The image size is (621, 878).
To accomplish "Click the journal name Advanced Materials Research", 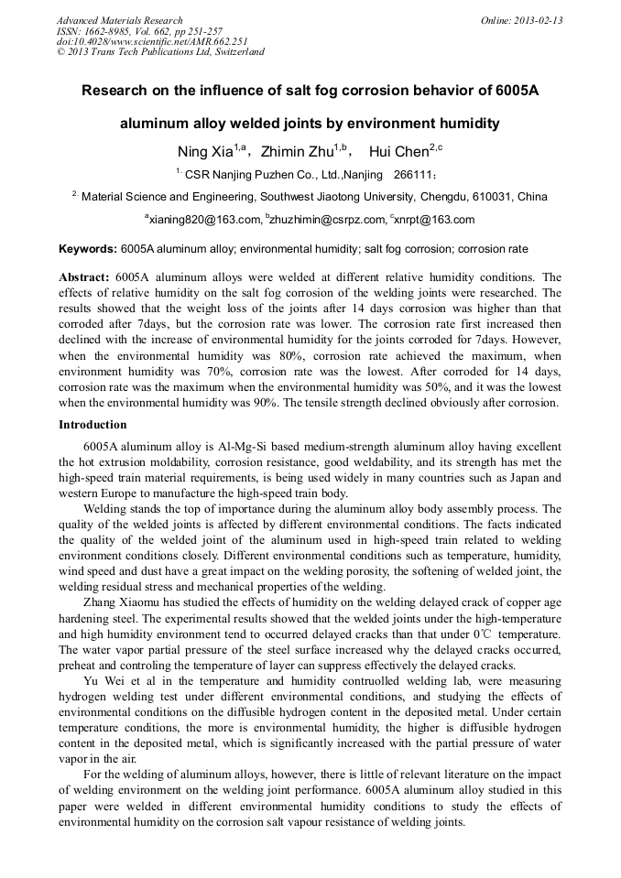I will (x=119, y=20).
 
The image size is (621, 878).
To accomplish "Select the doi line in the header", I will (x=151, y=41).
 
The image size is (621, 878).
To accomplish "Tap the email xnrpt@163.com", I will (x=435, y=220).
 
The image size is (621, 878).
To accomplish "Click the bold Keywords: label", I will (x=88, y=249).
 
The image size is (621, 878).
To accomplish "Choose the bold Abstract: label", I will (x=84, y=276).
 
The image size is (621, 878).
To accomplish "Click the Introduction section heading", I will (x=93, y=425).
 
